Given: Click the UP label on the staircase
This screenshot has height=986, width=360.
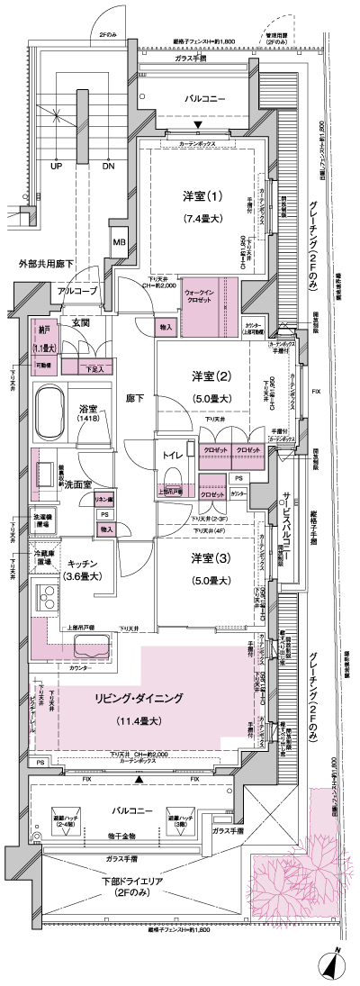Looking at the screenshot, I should pos(56,167).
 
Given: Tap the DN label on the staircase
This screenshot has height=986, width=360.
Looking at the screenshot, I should pos(109,167).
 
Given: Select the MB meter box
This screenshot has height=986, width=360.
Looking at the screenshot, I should pos(119,240).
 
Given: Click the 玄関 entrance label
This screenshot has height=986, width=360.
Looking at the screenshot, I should pos(80,322).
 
